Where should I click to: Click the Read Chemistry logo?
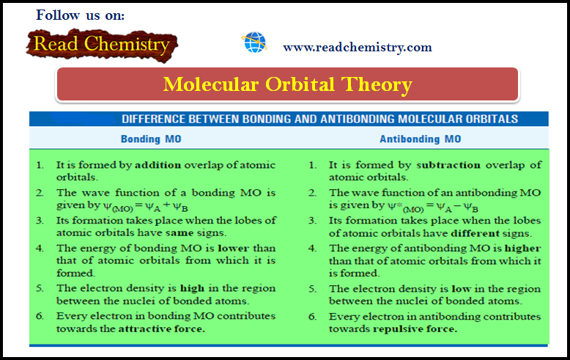pos(100,45)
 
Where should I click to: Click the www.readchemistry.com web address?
pos(358,47)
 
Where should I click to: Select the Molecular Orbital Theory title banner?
pos(287,84)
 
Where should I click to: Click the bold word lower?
pos(223,247)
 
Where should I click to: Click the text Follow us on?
pos(80,15)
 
